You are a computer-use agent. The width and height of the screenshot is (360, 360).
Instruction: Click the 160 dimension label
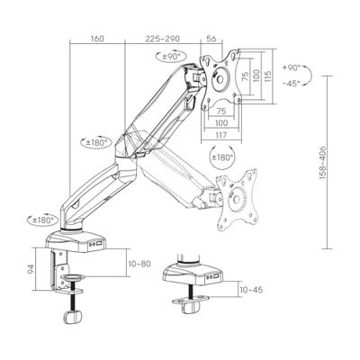click(97, 39)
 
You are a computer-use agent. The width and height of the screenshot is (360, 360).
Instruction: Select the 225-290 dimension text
click(163, 39)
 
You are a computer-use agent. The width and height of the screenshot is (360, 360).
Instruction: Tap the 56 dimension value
click(211, 39)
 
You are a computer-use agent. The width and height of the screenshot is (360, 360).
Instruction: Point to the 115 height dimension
click(268, 76)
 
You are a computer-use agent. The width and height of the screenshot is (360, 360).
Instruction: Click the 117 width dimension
click(221, 135)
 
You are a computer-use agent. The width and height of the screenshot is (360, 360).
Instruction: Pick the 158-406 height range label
click(323, 163)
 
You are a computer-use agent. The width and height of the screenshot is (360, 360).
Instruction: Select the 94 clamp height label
click(31, 269)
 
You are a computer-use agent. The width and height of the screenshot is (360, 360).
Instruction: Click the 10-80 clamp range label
click(139, 264)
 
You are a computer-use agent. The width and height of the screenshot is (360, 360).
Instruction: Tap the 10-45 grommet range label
click(251, 290)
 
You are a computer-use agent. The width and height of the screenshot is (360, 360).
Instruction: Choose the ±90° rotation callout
click(171, 56)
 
